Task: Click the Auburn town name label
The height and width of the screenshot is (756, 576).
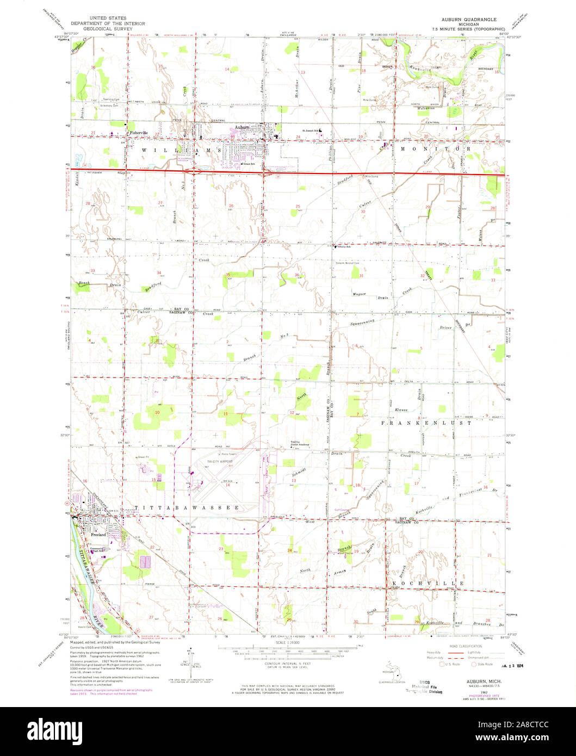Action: pyautogui.click(x=242, y=128)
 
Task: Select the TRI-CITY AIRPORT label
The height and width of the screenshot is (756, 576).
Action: pyautogui.click(x=219, y=461)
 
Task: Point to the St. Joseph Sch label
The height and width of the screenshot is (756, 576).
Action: pyautogui.click(x=312, y=130)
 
